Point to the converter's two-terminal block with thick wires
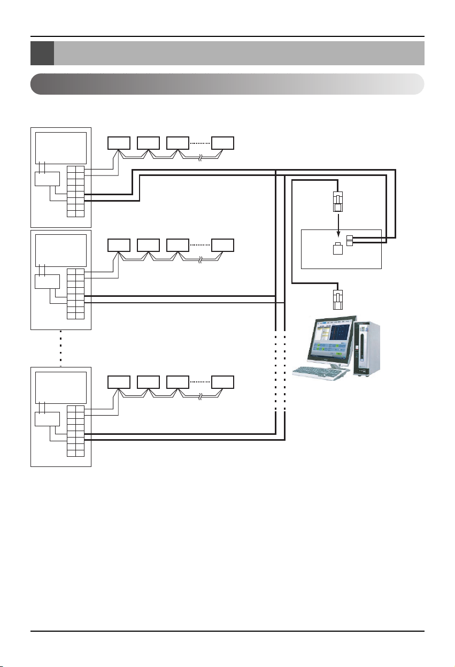point(350,241)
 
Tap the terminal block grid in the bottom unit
point(75,431)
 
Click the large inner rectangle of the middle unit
point(60,250)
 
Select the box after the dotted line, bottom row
point(222,382)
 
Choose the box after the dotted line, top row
point(222,143)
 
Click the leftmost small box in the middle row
point(119,245)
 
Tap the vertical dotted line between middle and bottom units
point(61,348)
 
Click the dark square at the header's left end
point(42,53)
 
